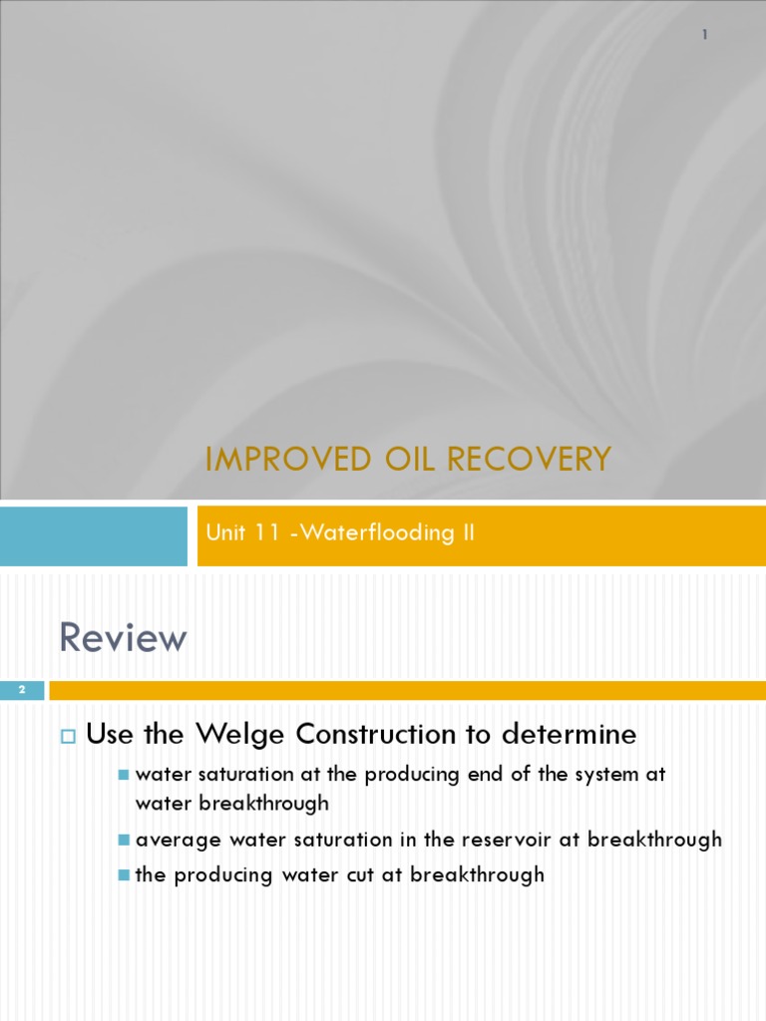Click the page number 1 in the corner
[704, 35]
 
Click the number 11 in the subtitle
[267, 532]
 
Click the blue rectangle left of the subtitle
[94, 535]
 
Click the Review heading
[123, 638]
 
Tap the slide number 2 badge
[21, 690]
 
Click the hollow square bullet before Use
[69, 737]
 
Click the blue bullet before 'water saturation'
[124, 775]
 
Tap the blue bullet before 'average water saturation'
[124, 840]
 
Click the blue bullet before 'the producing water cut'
[124, 875]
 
